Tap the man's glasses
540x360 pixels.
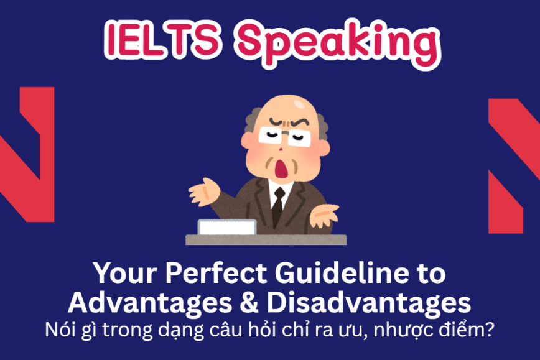click(277, 136)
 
